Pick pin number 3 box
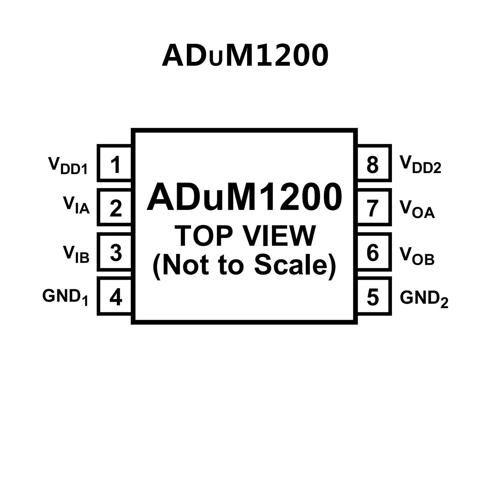coord(115,252)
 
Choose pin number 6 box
coord(373,252)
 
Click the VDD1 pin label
coord(68,165)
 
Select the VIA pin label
coord(76,205)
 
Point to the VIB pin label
coord(76,254)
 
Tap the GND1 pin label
coord(65,297)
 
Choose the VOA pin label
coord(417,209)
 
